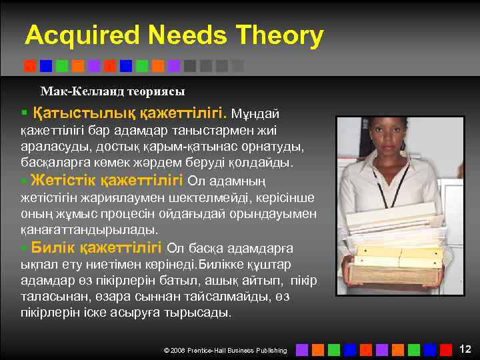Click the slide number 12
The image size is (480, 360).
pyautogui.click(x=465, y=349)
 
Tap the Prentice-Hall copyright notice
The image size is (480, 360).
pyautogui.click(x=225, y=350)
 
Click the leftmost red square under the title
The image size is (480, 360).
pyautogui.click(x=30, y=66)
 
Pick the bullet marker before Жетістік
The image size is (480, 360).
pyautogui.click(x=24, y=181)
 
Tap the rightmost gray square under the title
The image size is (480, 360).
pyautogui.click(x=238, y=66)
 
